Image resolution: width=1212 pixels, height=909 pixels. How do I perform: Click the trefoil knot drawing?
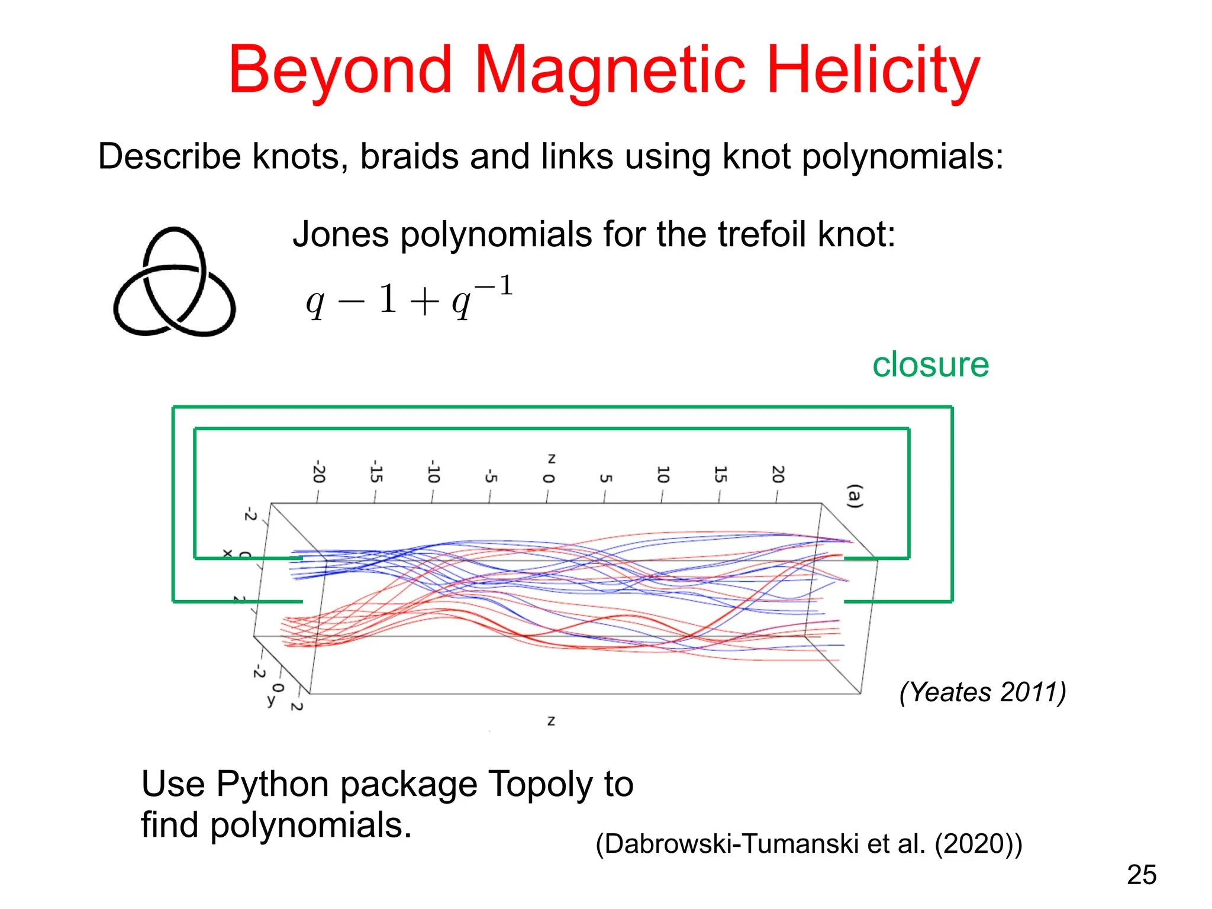tap(175, 282)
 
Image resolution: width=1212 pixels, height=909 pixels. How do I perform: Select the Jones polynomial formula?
tap(409, 298)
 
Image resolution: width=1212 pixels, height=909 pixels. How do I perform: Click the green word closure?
tap(930, 365)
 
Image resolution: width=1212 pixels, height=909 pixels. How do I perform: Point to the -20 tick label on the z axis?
tap(319, 472)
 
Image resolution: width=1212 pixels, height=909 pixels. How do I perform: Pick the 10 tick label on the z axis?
tap(663, 474)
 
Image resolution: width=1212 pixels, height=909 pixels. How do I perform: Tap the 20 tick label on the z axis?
tap(778, 474)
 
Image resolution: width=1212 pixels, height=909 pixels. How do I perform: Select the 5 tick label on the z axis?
tap(605, 478)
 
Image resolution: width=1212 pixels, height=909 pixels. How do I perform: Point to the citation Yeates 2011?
tap(982, 692)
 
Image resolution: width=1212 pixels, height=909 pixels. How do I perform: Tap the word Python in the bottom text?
tap(273, 784)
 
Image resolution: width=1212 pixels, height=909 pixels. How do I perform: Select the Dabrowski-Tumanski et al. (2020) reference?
tap(808, 844)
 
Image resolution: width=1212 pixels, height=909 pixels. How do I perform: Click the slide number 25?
tap(1142, 875)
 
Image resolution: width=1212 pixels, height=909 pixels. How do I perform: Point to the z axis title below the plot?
tap(551, 721)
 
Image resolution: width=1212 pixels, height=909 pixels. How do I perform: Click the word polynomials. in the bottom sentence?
tap(311, 826)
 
